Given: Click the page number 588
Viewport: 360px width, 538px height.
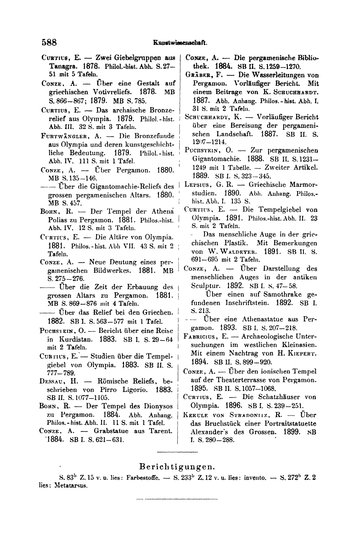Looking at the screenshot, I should [x=49, y=43].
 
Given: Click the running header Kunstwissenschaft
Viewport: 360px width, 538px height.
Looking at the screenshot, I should [x=180, y=43].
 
